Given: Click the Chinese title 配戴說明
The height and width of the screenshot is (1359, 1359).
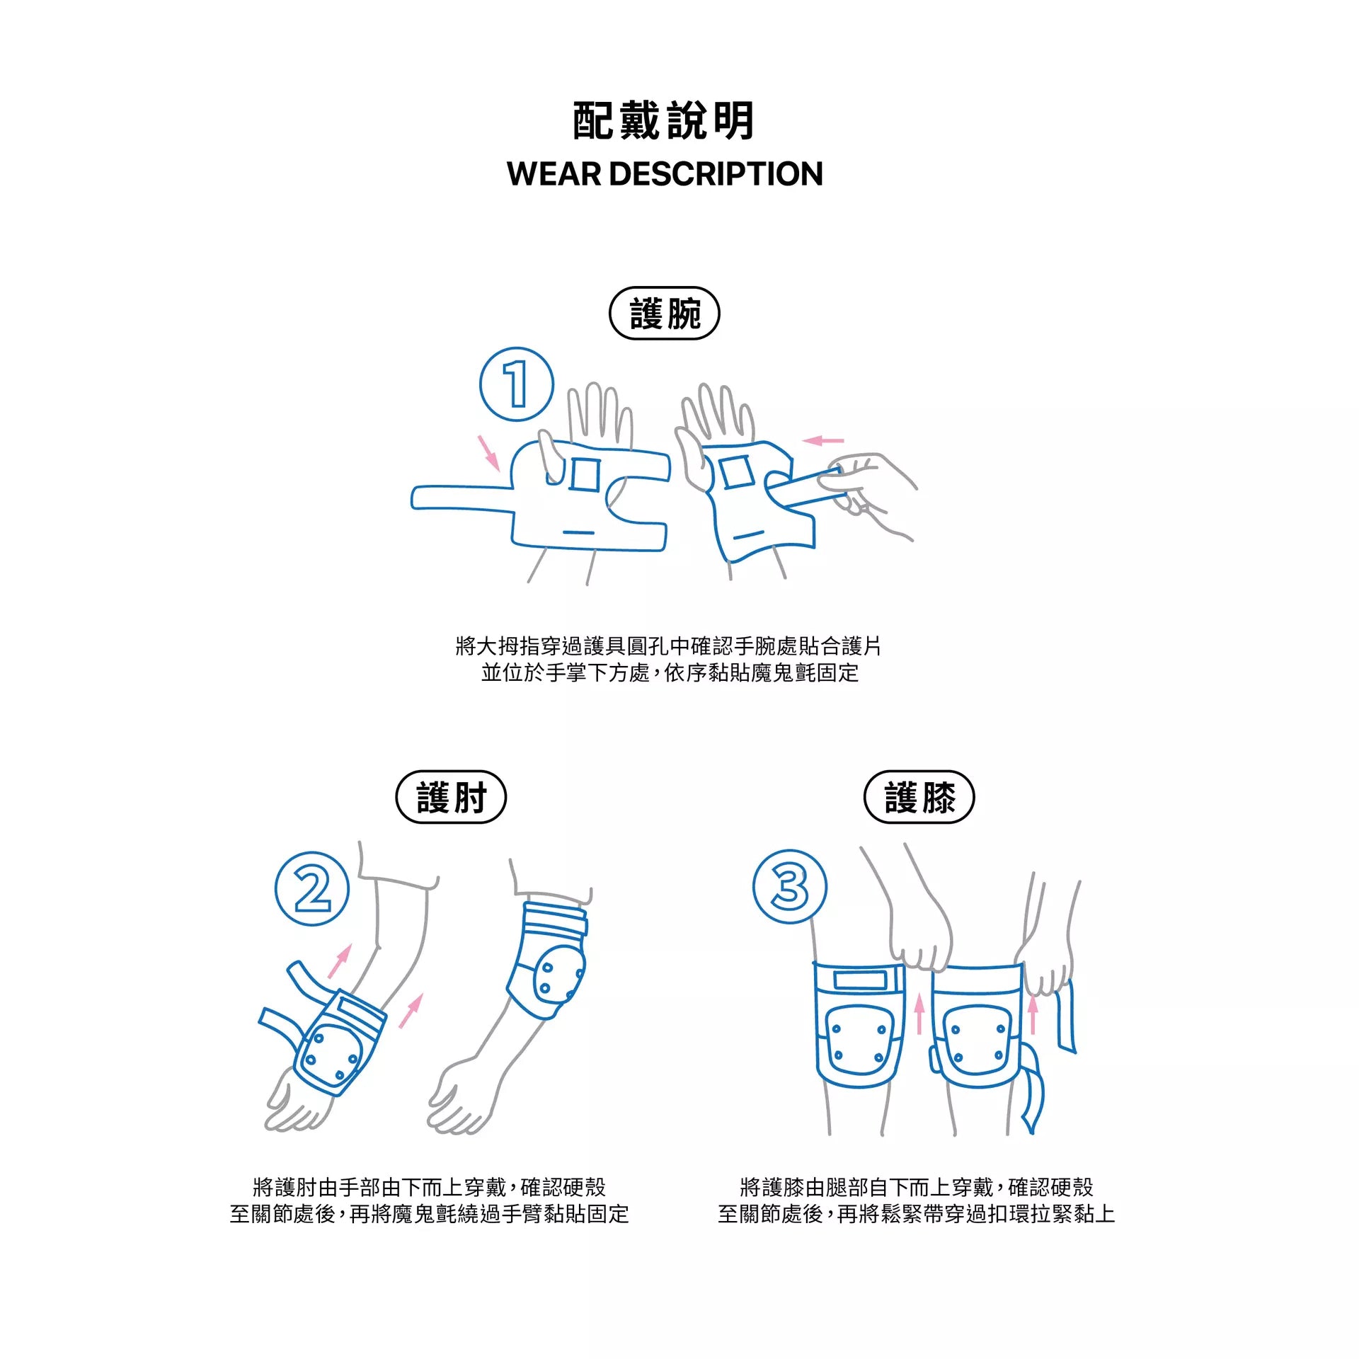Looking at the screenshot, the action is [663, 121].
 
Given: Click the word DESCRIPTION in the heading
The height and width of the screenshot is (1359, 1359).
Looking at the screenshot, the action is [716, 174].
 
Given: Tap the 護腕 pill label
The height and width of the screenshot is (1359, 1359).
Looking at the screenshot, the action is [664, 314].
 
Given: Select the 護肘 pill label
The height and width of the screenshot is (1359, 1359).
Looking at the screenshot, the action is [451, 797].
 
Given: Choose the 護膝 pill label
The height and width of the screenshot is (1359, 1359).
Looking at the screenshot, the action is [919, 797].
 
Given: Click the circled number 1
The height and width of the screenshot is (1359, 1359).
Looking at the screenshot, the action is [517, 384].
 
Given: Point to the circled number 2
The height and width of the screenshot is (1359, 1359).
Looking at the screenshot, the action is [312, 888].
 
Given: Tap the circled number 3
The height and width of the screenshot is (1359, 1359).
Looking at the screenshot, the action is [789, 886].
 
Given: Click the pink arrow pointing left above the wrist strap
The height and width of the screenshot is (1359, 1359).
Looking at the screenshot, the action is [822, 441].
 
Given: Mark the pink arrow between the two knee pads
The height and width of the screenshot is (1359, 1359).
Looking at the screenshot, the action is [919, 1013].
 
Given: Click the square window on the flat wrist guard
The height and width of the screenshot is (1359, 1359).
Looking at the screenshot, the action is [585, 474].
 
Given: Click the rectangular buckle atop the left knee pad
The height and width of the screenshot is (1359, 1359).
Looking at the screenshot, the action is [860, 980].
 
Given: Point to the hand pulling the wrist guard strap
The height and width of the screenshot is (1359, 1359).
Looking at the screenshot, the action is [867, 492].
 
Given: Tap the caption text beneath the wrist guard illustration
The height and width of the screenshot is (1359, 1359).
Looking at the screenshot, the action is [668, 659].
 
